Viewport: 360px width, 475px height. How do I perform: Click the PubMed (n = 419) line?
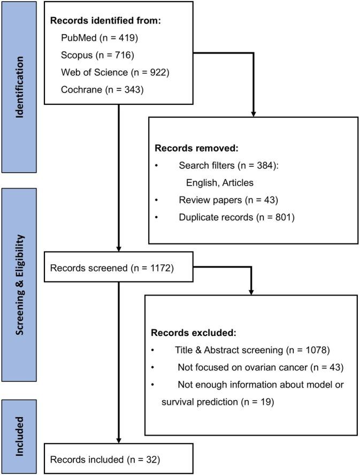(x=97, y=39)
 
